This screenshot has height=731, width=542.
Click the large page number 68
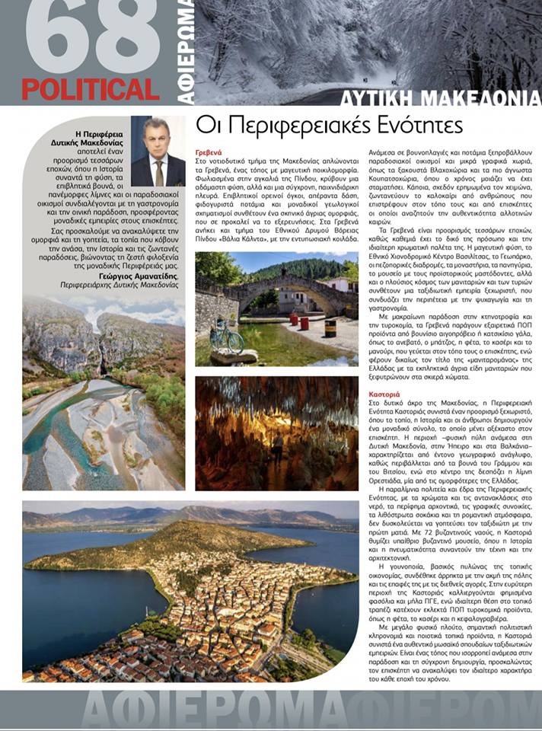pos(91,38)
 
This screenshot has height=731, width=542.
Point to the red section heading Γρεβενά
pos(208,152)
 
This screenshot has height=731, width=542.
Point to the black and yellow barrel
pos(330,327)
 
